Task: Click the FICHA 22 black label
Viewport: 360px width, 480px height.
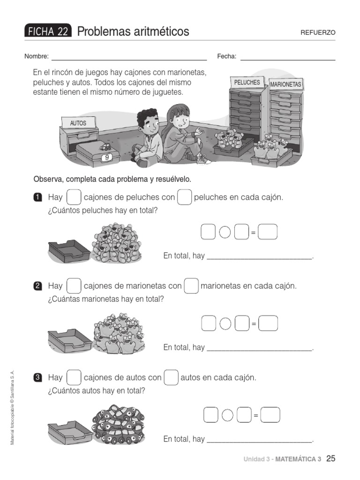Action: tap(48, 31)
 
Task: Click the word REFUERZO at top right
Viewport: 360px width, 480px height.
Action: tap(318, 32)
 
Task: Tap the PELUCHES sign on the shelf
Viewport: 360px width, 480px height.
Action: tap(247, 82)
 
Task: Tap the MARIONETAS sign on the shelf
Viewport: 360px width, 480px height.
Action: tap(286, 85)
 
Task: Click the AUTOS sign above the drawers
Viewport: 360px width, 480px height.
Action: tap(78, 123)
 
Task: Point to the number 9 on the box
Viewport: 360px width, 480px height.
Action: tap(107, 158)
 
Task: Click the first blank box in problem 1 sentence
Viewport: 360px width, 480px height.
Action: tap(74, 197)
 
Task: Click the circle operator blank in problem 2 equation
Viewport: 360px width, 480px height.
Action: tap(225, 323)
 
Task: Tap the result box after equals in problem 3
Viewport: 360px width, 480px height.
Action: tap(270, 415)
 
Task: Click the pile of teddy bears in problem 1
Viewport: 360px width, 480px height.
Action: tap(117, 243)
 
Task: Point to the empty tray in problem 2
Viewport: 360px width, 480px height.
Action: tap(70, 341)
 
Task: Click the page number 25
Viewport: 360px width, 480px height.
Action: tap(330, 458)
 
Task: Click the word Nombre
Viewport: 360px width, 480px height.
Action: tap(36, 57)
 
